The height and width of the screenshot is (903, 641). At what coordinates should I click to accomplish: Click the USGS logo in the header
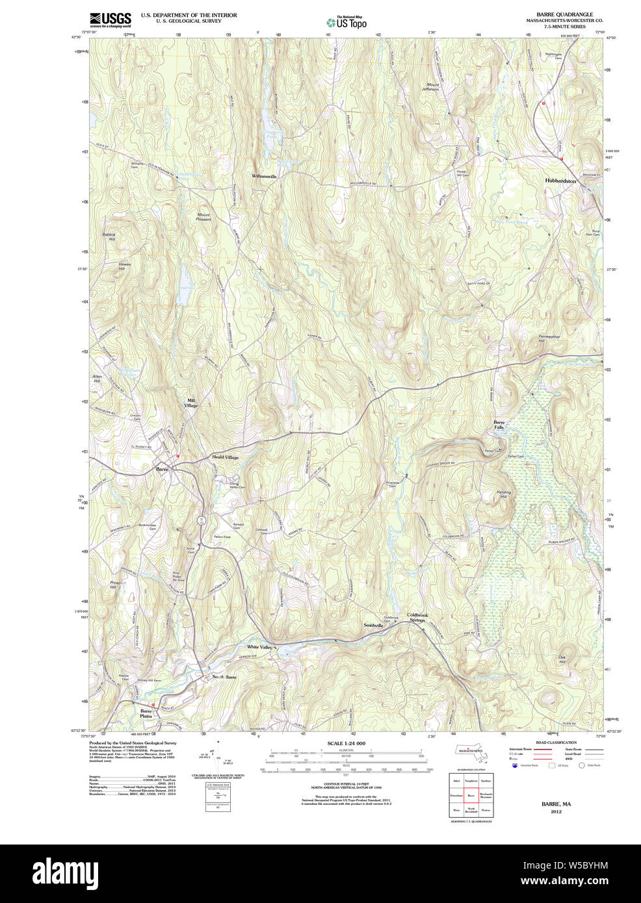point(110,19)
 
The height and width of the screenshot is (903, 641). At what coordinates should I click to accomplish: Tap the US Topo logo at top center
point(347,23)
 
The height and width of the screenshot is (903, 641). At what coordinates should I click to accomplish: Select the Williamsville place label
point(264,176)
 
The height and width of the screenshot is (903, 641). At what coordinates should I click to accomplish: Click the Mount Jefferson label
point(432,87)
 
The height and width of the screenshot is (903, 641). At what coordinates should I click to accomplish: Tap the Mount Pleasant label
point(203,217)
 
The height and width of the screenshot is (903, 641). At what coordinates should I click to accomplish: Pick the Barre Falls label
point(499,425)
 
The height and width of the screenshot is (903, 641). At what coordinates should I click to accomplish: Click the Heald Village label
point(226,457)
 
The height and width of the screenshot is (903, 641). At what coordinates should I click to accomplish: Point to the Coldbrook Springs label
point(417,617)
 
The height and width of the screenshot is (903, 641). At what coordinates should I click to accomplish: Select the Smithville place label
point(373,625)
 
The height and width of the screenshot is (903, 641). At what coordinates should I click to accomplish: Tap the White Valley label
point(259,647)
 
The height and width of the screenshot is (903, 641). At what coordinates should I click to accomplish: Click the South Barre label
point(224,677)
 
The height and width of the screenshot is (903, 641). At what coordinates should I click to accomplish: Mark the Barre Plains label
point(146,713)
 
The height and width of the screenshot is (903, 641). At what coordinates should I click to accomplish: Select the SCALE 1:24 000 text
point(346,743)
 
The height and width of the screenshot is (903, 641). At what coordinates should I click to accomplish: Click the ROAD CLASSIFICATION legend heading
point(555,743)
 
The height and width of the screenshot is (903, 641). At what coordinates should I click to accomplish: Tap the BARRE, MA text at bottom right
point(556,804)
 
